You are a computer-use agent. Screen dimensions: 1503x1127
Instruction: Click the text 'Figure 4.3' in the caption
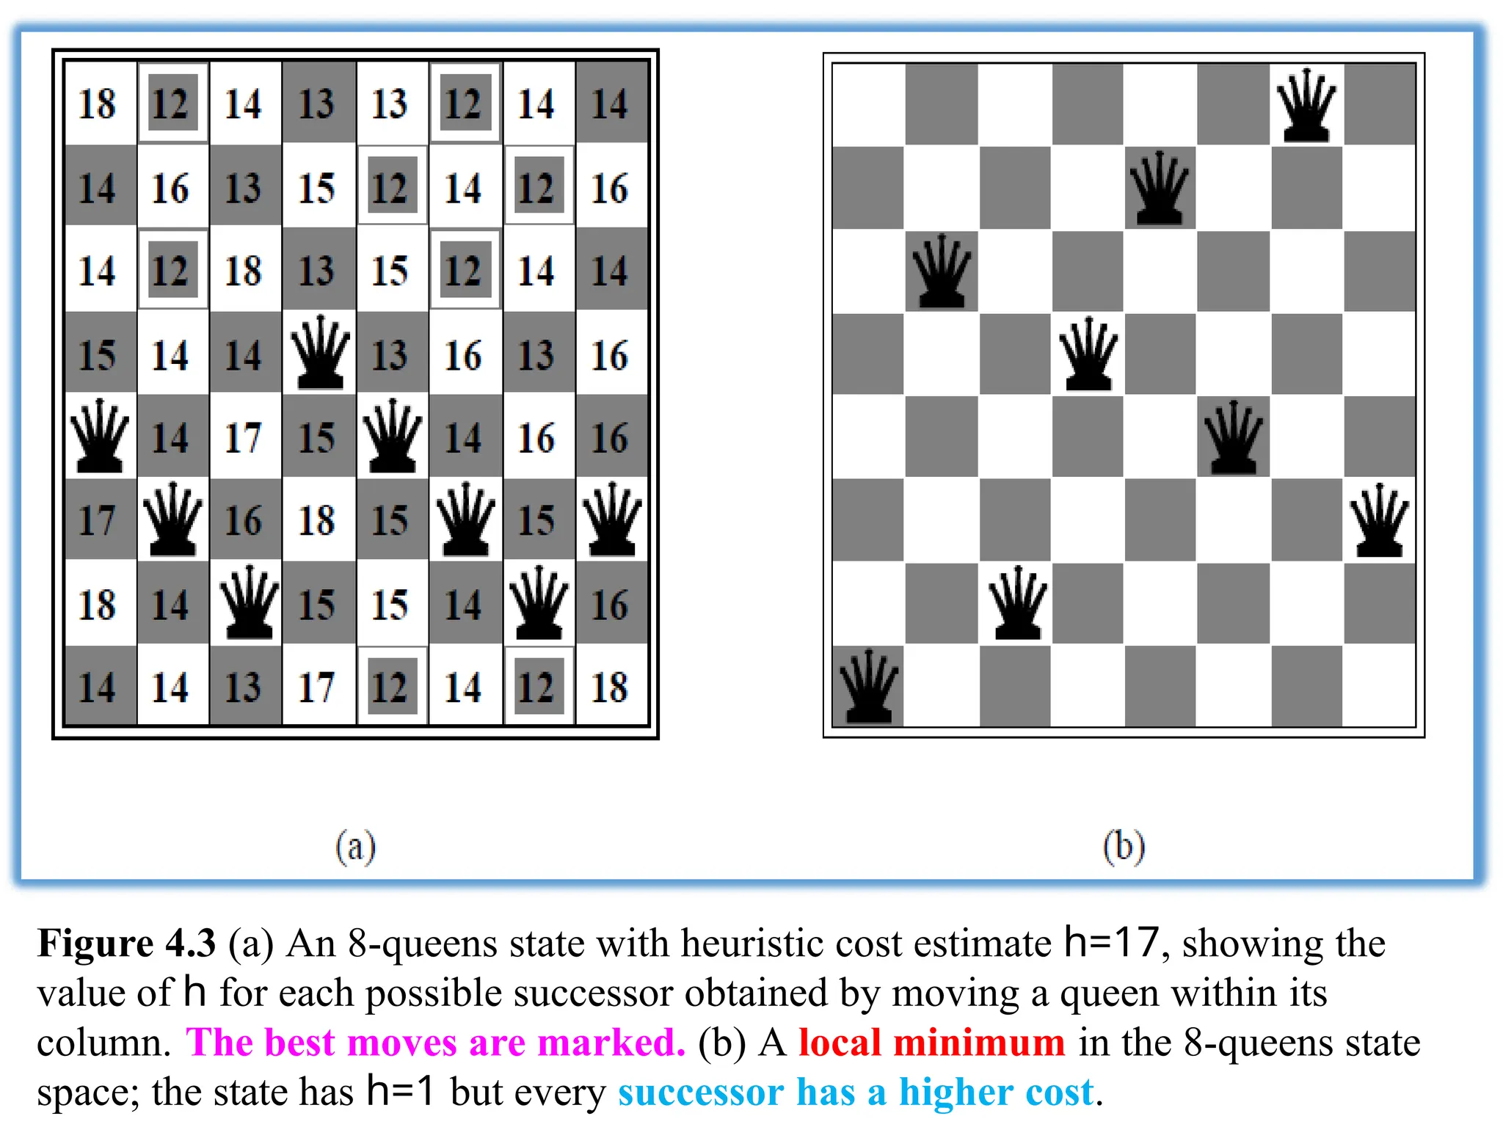tap(126, 944)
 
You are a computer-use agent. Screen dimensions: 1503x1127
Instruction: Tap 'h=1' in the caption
tap(401, 1091)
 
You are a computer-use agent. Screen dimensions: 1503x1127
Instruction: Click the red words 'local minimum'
tap(931, 1042)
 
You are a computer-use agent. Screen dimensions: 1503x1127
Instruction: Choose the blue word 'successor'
tap(701, 1093)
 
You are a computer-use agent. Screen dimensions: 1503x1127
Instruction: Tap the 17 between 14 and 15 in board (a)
tap(244, 438)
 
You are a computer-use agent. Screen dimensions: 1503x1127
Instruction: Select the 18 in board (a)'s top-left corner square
tap(98, 104)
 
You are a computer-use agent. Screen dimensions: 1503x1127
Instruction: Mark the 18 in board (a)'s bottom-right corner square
tap(610, 687)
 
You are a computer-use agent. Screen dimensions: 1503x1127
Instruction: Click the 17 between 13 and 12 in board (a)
tap(317, 687)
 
